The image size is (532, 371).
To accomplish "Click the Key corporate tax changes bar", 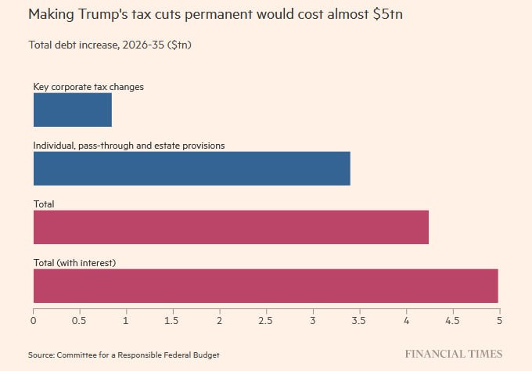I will [72, 110].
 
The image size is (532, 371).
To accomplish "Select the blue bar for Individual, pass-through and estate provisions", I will [192, 168].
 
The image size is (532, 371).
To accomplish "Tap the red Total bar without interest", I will [231, 227].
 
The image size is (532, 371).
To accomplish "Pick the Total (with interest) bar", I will [265, 286].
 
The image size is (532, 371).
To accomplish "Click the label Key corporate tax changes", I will [88, 87].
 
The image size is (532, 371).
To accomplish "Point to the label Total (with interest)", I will [74, 262].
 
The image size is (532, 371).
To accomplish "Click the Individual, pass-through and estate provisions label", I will [129, 146].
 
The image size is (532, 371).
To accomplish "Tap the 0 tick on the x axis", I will [34, 321].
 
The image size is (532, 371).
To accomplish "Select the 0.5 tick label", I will [80, 321].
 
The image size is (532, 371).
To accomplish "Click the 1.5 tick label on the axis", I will [173, 321].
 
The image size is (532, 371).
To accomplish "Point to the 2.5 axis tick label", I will [266, 321].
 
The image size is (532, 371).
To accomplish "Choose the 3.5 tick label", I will [359, 321].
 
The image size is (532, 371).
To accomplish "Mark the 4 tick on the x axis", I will [406, 321].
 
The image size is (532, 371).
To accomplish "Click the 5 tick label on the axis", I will [499, 321].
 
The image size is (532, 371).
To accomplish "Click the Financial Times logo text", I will [454, 354].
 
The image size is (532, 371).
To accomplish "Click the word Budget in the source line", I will [206, 355].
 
